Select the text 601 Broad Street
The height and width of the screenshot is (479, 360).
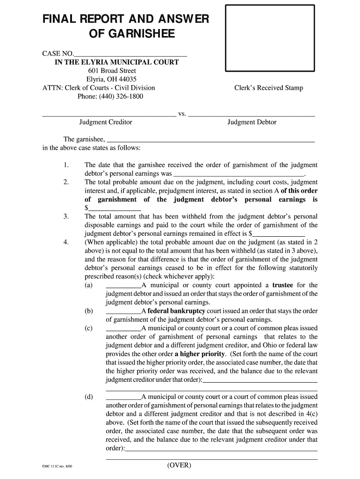point(112,71)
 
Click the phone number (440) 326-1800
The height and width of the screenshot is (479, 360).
point(110,96)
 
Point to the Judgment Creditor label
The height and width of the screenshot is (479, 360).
point(106,122)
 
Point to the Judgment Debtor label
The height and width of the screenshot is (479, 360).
point(252,122)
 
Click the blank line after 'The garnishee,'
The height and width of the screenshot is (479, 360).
point(210,139)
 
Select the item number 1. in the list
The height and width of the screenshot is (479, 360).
point(66,165)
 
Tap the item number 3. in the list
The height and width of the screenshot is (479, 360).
point(66,216)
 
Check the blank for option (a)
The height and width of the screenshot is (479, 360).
point(123,285)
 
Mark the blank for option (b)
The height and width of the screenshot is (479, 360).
point(123,311)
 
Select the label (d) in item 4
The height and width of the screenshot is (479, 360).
point(89,397)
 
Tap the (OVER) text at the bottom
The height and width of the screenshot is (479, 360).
point(179,465)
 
